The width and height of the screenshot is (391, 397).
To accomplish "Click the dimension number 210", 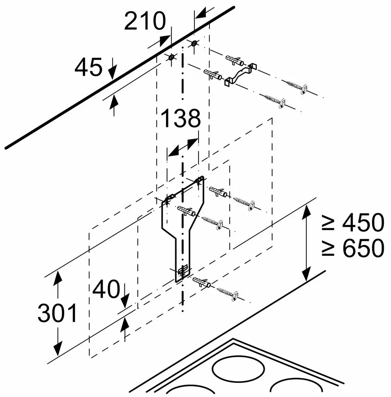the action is coord(145,21).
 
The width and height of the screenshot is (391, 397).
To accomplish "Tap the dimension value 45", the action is coord(88,67).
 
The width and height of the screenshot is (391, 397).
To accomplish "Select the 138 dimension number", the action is coord(180,118).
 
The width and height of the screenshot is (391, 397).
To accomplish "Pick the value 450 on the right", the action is coord(363,222).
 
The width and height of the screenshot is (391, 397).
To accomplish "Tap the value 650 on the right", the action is coord(363,248).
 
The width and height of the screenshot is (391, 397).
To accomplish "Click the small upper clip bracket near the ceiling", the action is coord(240,74).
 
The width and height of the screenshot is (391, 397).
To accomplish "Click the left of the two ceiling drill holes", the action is coord(172,57).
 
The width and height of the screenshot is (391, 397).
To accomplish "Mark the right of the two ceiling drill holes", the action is coord(194,43).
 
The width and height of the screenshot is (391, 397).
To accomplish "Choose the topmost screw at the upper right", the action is coord(296,87).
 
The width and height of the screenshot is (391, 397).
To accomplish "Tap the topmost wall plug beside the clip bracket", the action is coord(235,60).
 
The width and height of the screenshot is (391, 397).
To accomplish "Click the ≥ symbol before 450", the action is coord(328,223).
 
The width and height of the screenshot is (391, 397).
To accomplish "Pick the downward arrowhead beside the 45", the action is coord(113,72).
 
